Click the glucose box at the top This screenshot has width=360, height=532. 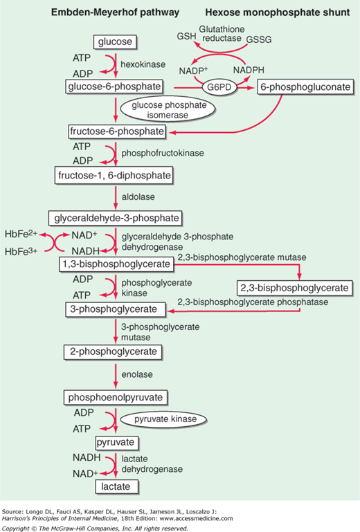[115, 43]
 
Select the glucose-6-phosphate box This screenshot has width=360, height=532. [115, 86]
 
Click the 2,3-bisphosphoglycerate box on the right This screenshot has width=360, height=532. [295, 287]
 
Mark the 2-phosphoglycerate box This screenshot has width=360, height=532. [115, 353]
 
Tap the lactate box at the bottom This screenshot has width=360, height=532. [115, 486]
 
